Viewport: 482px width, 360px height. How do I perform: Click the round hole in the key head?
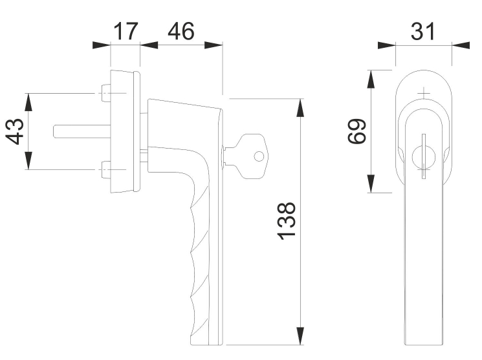(259, 156)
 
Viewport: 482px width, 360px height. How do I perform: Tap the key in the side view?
(246, 155)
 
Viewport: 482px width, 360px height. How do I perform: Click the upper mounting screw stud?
(105, 94)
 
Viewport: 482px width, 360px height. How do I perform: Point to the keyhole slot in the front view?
(422, 155)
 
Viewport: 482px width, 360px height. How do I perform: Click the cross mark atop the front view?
(423, 94)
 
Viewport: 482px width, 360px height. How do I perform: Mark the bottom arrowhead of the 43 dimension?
(28, 161)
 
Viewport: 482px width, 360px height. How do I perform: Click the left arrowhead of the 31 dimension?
(386, 46)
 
